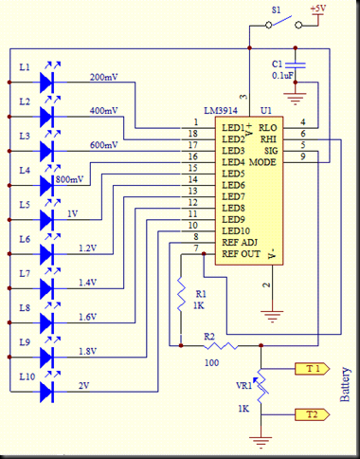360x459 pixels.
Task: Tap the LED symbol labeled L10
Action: pyautogui.click(x=48, y=390)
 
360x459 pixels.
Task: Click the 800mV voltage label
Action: pyautogui.click(x=68, y=177)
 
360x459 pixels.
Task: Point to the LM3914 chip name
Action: pyautogui.click(x=213, y=111)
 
